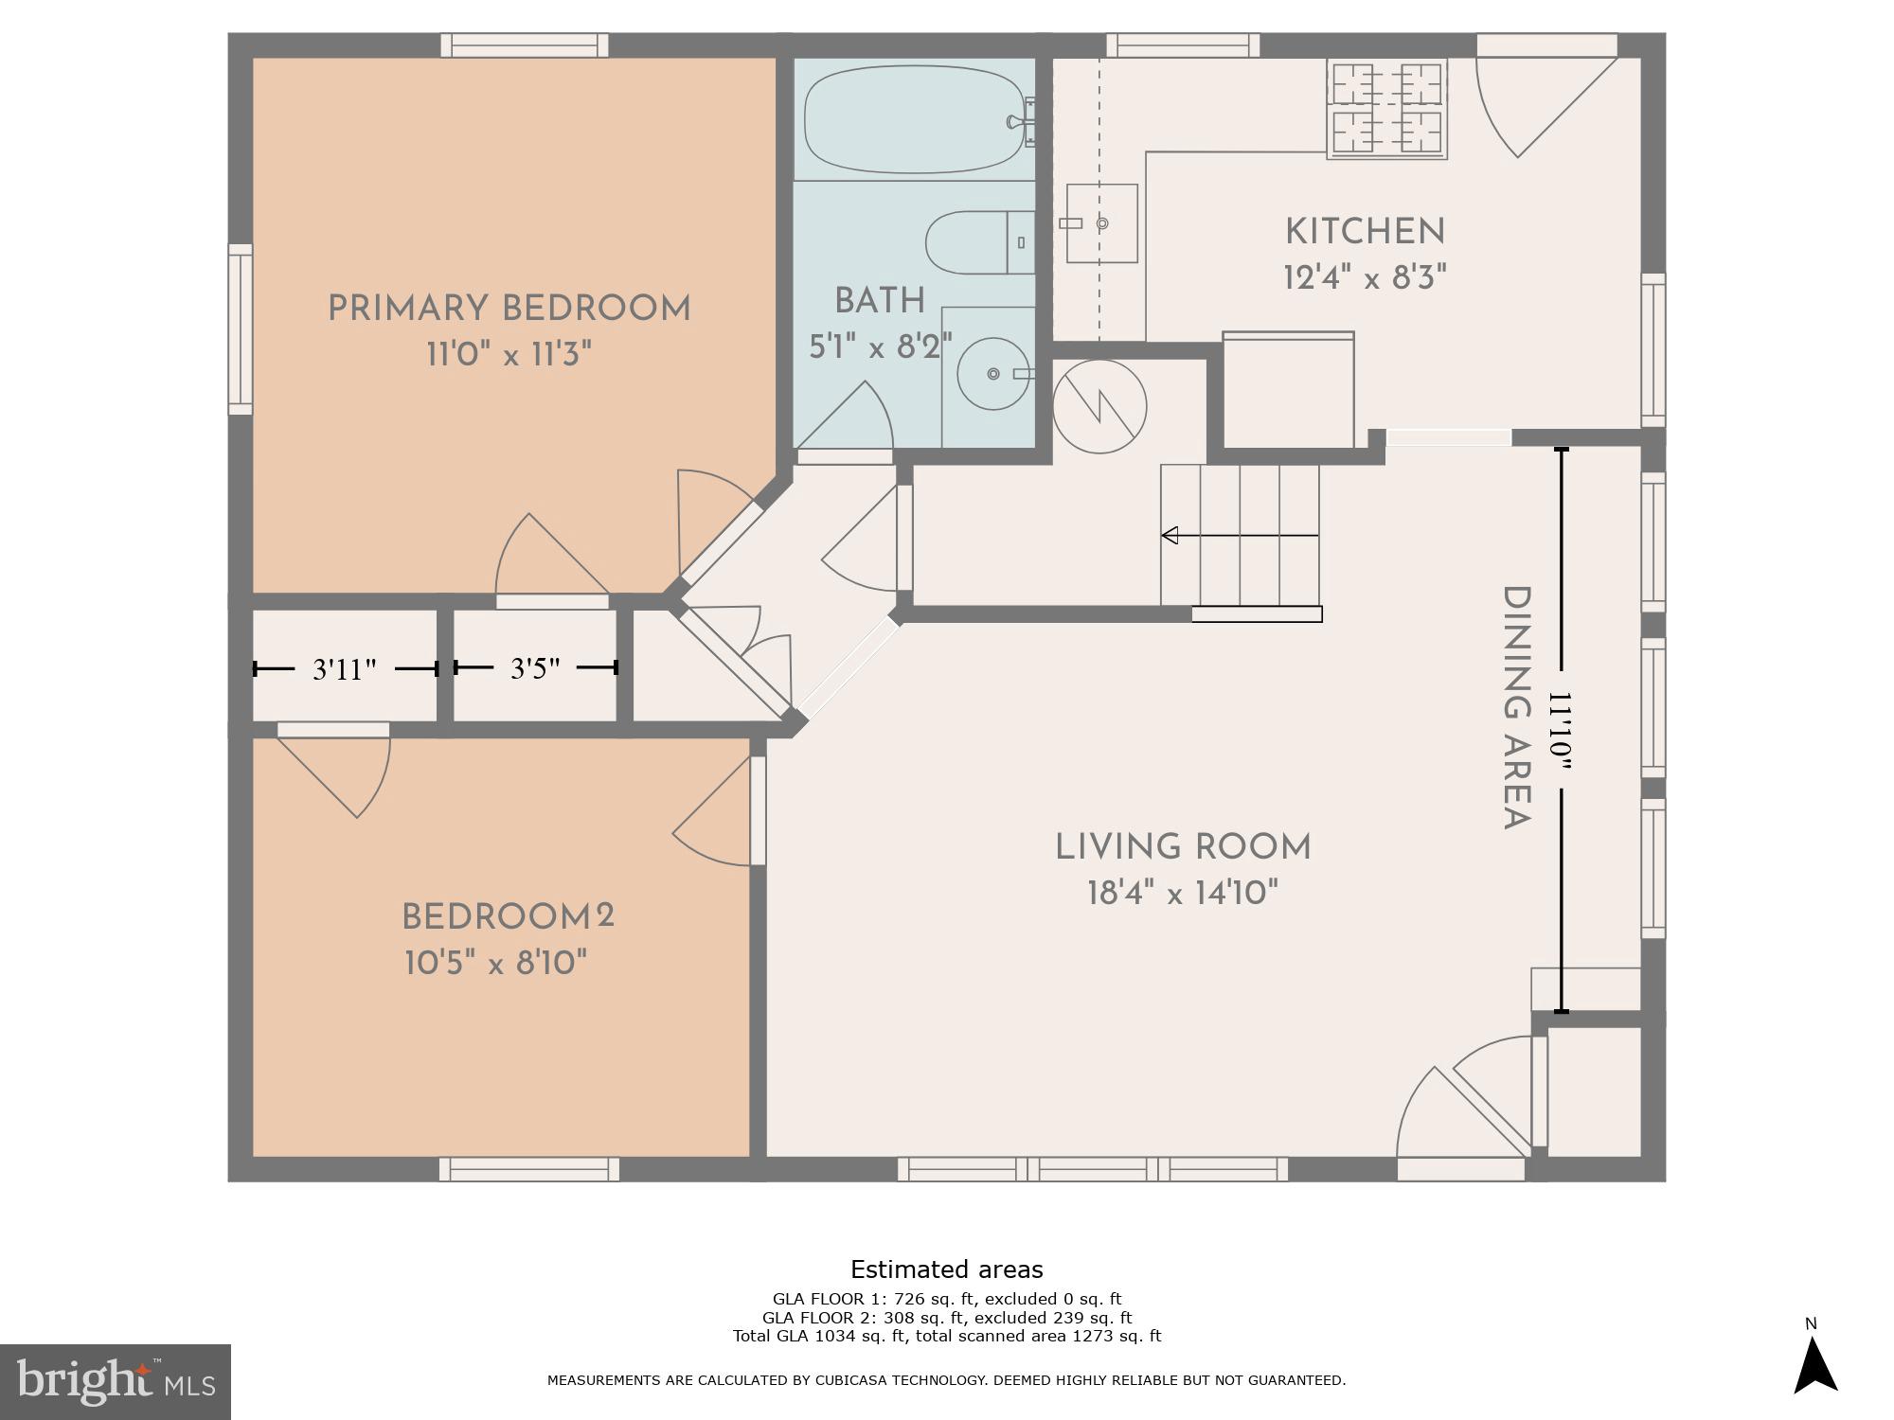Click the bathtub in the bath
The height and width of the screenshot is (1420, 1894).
(915, 119)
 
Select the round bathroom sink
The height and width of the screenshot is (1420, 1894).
(992, 374)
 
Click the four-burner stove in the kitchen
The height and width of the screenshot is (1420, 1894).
(1386, 108)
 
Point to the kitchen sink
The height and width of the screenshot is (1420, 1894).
(1101, 223)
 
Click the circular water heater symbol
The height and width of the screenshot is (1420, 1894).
(1099, 407)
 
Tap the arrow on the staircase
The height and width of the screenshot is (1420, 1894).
(1171, 536)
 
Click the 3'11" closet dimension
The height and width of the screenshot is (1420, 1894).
(345, 669)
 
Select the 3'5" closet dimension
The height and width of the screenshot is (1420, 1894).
(535, 668)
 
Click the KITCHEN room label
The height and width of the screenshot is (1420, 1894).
(1365, 232)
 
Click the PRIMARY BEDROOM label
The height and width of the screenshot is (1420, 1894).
(509, 309)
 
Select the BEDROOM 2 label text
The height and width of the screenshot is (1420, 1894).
(508, 916)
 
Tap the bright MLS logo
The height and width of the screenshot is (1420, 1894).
(116, 1382)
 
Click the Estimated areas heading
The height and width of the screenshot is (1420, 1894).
(946, 1269)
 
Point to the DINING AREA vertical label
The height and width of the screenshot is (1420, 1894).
(1517, 708)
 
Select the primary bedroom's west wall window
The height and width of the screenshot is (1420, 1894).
(241, 329)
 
